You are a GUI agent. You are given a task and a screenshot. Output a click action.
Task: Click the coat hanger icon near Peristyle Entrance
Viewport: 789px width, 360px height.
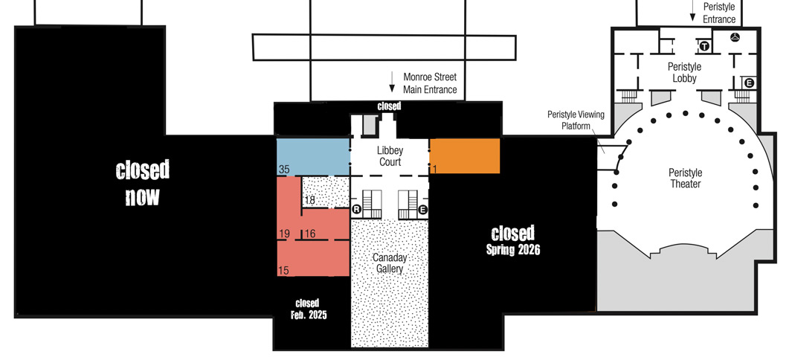coord(735,36)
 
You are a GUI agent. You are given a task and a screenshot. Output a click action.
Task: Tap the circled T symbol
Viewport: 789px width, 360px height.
coord(704,46)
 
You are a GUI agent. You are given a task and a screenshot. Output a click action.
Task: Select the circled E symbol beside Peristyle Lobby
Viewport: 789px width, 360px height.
coord(749,83)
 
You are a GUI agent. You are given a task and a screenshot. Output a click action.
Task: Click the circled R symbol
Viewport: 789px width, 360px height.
coord(357,210)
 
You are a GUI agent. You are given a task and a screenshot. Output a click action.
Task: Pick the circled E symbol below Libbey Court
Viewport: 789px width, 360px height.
coord(422,210)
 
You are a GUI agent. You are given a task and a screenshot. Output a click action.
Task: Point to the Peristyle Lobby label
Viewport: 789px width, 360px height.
coord(684,72)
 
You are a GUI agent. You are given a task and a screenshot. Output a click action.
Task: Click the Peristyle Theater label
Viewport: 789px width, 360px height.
coord(686,179)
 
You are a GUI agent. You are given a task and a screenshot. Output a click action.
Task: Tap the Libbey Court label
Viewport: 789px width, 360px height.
coord(390,156)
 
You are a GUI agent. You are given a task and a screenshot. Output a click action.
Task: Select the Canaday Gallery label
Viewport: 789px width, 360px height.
coord(390,263)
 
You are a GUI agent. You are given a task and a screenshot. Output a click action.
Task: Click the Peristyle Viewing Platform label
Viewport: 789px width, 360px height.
coord(576,120)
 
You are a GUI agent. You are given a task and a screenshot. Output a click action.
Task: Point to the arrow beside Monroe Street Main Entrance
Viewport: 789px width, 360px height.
coord(393,82)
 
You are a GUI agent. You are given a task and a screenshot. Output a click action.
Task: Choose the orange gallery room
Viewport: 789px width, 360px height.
coord(465,156)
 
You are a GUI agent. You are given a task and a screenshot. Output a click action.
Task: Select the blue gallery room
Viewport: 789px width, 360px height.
coord(313,157)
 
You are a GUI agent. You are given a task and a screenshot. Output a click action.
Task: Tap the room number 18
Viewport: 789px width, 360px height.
coord(310,200)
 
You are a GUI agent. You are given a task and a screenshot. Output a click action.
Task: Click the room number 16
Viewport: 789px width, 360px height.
coord(310,234)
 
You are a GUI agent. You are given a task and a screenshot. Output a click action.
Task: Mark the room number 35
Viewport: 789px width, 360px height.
coord(284,170)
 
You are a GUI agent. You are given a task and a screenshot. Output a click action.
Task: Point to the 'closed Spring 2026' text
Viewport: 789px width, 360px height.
coord(513,240)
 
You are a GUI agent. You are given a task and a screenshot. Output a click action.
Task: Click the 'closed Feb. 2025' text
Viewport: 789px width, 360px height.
coord(308,309)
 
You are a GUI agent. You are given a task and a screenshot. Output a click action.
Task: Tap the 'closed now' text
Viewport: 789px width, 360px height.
coord(142,183)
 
